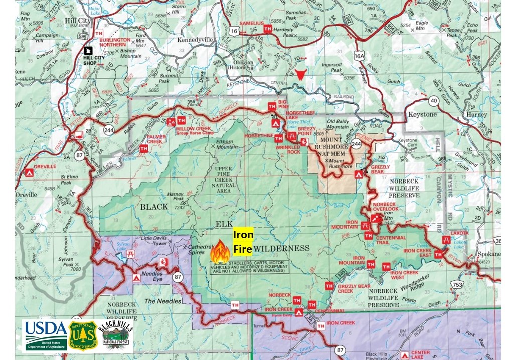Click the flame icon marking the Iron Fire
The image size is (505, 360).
pyautogui.click(x=220, y=251)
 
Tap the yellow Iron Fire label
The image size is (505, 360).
pyautogui.click(x=243, y=241)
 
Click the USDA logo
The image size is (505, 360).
pyautogui.click(x=45, y=335)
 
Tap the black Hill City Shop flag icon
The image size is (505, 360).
pyautogui.click(x=88, y=50)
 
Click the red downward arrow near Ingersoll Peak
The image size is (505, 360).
pyautogui.click(x=301, y=75)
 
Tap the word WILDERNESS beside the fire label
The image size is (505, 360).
pyautogui.click(x=281, y=248)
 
